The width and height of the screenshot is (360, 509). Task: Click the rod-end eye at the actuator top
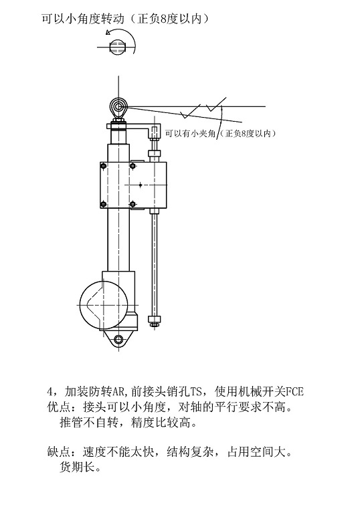[x=119, y=106]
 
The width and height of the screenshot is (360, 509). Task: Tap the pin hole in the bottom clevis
[x=119, y=340]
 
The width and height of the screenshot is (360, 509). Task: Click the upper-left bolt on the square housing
[x=104, y=166]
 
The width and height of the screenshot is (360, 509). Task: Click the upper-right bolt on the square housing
[x=132, y=166]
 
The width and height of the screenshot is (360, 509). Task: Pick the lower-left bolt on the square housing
[x=104, y=204]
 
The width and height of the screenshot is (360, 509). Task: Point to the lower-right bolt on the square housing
[x=132, y=204]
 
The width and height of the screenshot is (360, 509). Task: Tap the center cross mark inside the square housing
[x=141, y=185]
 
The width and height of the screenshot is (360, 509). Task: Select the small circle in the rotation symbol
[x=116, y=47]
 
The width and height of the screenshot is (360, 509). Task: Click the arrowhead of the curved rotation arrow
[x=108, y=32]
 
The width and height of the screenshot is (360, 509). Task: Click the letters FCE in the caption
[x=294, y=392]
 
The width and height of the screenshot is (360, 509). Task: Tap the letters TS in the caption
[x=196, y=392]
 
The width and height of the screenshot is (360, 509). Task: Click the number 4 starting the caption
[x=50, y=392]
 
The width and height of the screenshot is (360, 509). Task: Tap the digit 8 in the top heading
[x=164, y=19]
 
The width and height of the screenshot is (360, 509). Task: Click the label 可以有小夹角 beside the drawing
[x=191, y=133]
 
